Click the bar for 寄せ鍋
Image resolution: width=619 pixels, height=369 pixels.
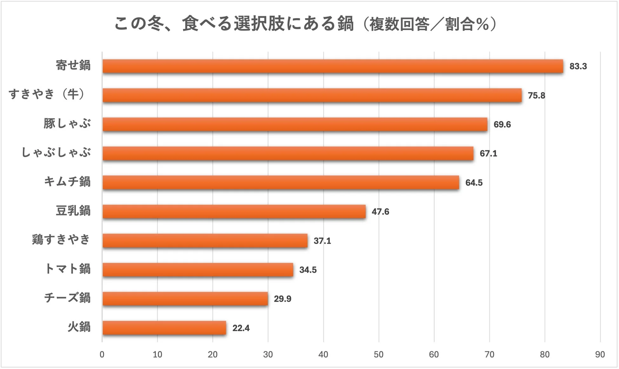click(x=333, y=66)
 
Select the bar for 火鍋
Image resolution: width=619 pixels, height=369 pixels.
click(x=164, y=328)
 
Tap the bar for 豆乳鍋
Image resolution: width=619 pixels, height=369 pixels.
click(x=234, y=211)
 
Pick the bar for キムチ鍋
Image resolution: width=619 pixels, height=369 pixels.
click(x=281, y=183)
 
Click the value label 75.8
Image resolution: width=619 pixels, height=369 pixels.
click(x=536, y=96)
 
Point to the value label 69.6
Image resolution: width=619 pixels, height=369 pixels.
click(x=502, y=124)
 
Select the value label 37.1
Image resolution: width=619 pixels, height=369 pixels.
click(x=322, y=241)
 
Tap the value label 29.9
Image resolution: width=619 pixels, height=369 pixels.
click(x=282, y=299)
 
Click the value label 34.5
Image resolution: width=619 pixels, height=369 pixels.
click(x=308, y=270)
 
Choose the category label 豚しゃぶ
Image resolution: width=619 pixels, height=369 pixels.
click(x=67, y=124)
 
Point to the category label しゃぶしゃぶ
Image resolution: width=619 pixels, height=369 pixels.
click(x=56, y=153)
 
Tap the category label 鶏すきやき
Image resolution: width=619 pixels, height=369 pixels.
click(x=61, y=240)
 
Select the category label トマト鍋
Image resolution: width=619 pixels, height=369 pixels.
click(x=67, y=269)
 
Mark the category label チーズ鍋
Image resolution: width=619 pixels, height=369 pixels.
click(x=67, y=298)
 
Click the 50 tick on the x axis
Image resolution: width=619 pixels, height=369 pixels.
click(x=378, y=354)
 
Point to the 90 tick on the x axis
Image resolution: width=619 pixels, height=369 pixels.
click(x=600, y=354)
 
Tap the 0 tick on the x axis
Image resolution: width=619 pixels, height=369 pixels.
click(x=102, y=354)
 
